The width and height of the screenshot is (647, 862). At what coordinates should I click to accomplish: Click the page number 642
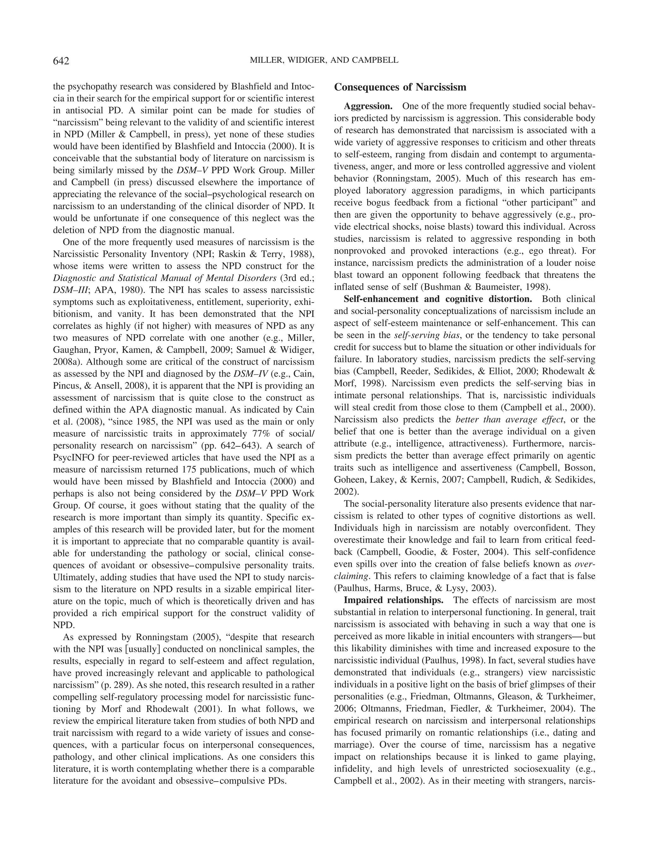[x=61, y=61]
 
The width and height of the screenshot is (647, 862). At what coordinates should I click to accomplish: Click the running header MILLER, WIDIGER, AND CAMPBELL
[x=324, y=60]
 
